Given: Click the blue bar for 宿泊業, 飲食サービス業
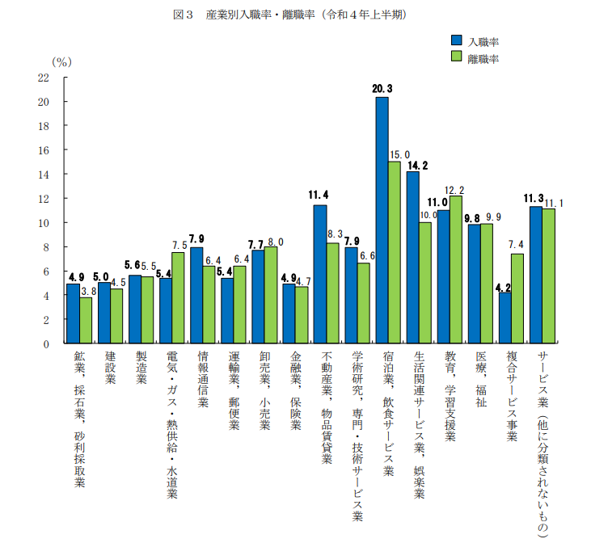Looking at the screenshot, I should (382, 220).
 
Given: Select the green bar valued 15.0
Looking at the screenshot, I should (395, 252).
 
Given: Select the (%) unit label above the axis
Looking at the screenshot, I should (61, 61).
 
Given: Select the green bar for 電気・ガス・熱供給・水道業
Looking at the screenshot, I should (178, 298).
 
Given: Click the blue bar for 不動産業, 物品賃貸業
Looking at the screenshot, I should (320, 274).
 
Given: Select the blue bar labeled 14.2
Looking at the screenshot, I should (412, 257).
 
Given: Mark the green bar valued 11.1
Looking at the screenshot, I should (548, 276).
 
